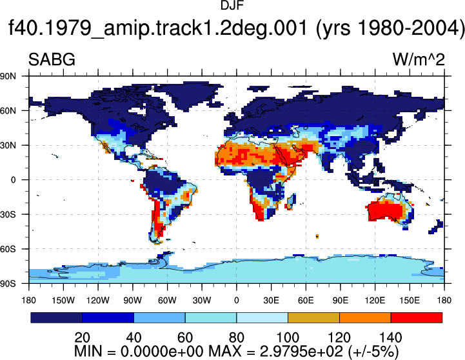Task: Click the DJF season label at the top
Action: pos(232,5)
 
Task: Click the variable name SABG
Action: pos(52,59)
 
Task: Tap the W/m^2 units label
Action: pos(419,59)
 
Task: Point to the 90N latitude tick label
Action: pos(8,76)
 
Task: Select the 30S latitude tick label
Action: pos(8,214)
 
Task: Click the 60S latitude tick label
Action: pos(8,249)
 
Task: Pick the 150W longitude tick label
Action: pos(63,301)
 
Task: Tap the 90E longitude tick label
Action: pos(340,301)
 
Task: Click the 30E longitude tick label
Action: pos(271,301)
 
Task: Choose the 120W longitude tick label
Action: pos(98,301)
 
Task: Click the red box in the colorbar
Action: pos(417,317)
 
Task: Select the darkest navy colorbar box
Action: pos(56,317)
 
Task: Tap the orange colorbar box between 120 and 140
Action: pos(365,317)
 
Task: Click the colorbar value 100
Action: pos(288,337)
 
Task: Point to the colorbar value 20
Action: pos(82,337)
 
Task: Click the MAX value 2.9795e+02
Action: pos(301,352)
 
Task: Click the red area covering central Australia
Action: pos(386,210)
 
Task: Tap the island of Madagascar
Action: pos(292,202)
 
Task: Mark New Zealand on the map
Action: pos(436,226)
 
